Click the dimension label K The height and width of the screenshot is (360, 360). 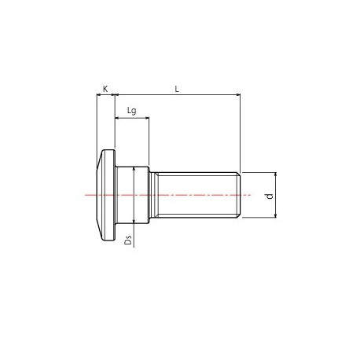point(105,89)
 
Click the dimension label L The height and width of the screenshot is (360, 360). point(178,89)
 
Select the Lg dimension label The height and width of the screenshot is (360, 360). point(131,111)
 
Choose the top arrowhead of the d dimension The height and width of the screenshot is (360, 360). point(275,174)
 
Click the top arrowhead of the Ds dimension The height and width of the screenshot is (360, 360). point(135,169)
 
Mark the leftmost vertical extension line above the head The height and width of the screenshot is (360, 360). point(96,118)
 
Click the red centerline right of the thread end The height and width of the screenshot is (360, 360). point(245,194)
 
